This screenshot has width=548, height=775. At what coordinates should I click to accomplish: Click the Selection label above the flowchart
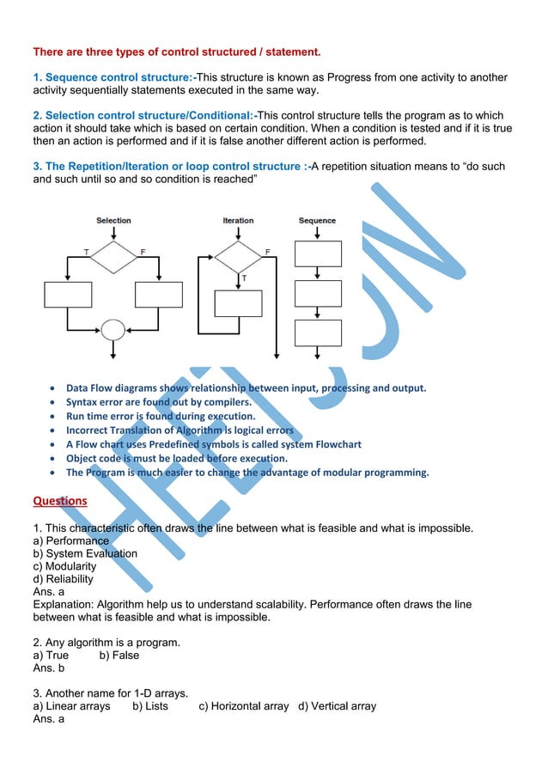coord(113,221)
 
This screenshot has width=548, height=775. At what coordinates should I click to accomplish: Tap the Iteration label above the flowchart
coord(238,221)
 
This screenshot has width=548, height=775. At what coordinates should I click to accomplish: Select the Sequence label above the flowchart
coord(317,221)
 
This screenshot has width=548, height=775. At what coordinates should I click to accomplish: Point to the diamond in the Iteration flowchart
coord(238,254)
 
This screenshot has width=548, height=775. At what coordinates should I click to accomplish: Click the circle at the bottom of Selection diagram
coord(113,329)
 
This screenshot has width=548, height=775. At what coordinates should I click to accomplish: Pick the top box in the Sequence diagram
coord(318,253)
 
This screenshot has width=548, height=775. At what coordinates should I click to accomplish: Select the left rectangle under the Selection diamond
coord(68,295)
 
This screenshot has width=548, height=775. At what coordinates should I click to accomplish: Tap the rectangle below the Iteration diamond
coord(238,304)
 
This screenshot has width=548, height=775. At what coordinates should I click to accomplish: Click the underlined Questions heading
coord(59,500)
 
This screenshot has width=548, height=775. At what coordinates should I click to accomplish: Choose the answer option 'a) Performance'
coord(71,540)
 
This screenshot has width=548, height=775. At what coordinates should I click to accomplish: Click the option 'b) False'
coord(119,655)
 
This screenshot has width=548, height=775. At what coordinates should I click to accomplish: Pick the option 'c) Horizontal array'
coord(244,705)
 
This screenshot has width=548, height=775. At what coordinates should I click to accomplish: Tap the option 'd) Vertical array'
coord(338,705)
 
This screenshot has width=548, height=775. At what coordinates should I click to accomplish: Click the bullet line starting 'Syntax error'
coord(159,401)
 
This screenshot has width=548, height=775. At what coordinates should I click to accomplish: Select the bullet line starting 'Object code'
coord(176,458)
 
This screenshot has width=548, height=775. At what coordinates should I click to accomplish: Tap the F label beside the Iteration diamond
coord(267,251)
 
